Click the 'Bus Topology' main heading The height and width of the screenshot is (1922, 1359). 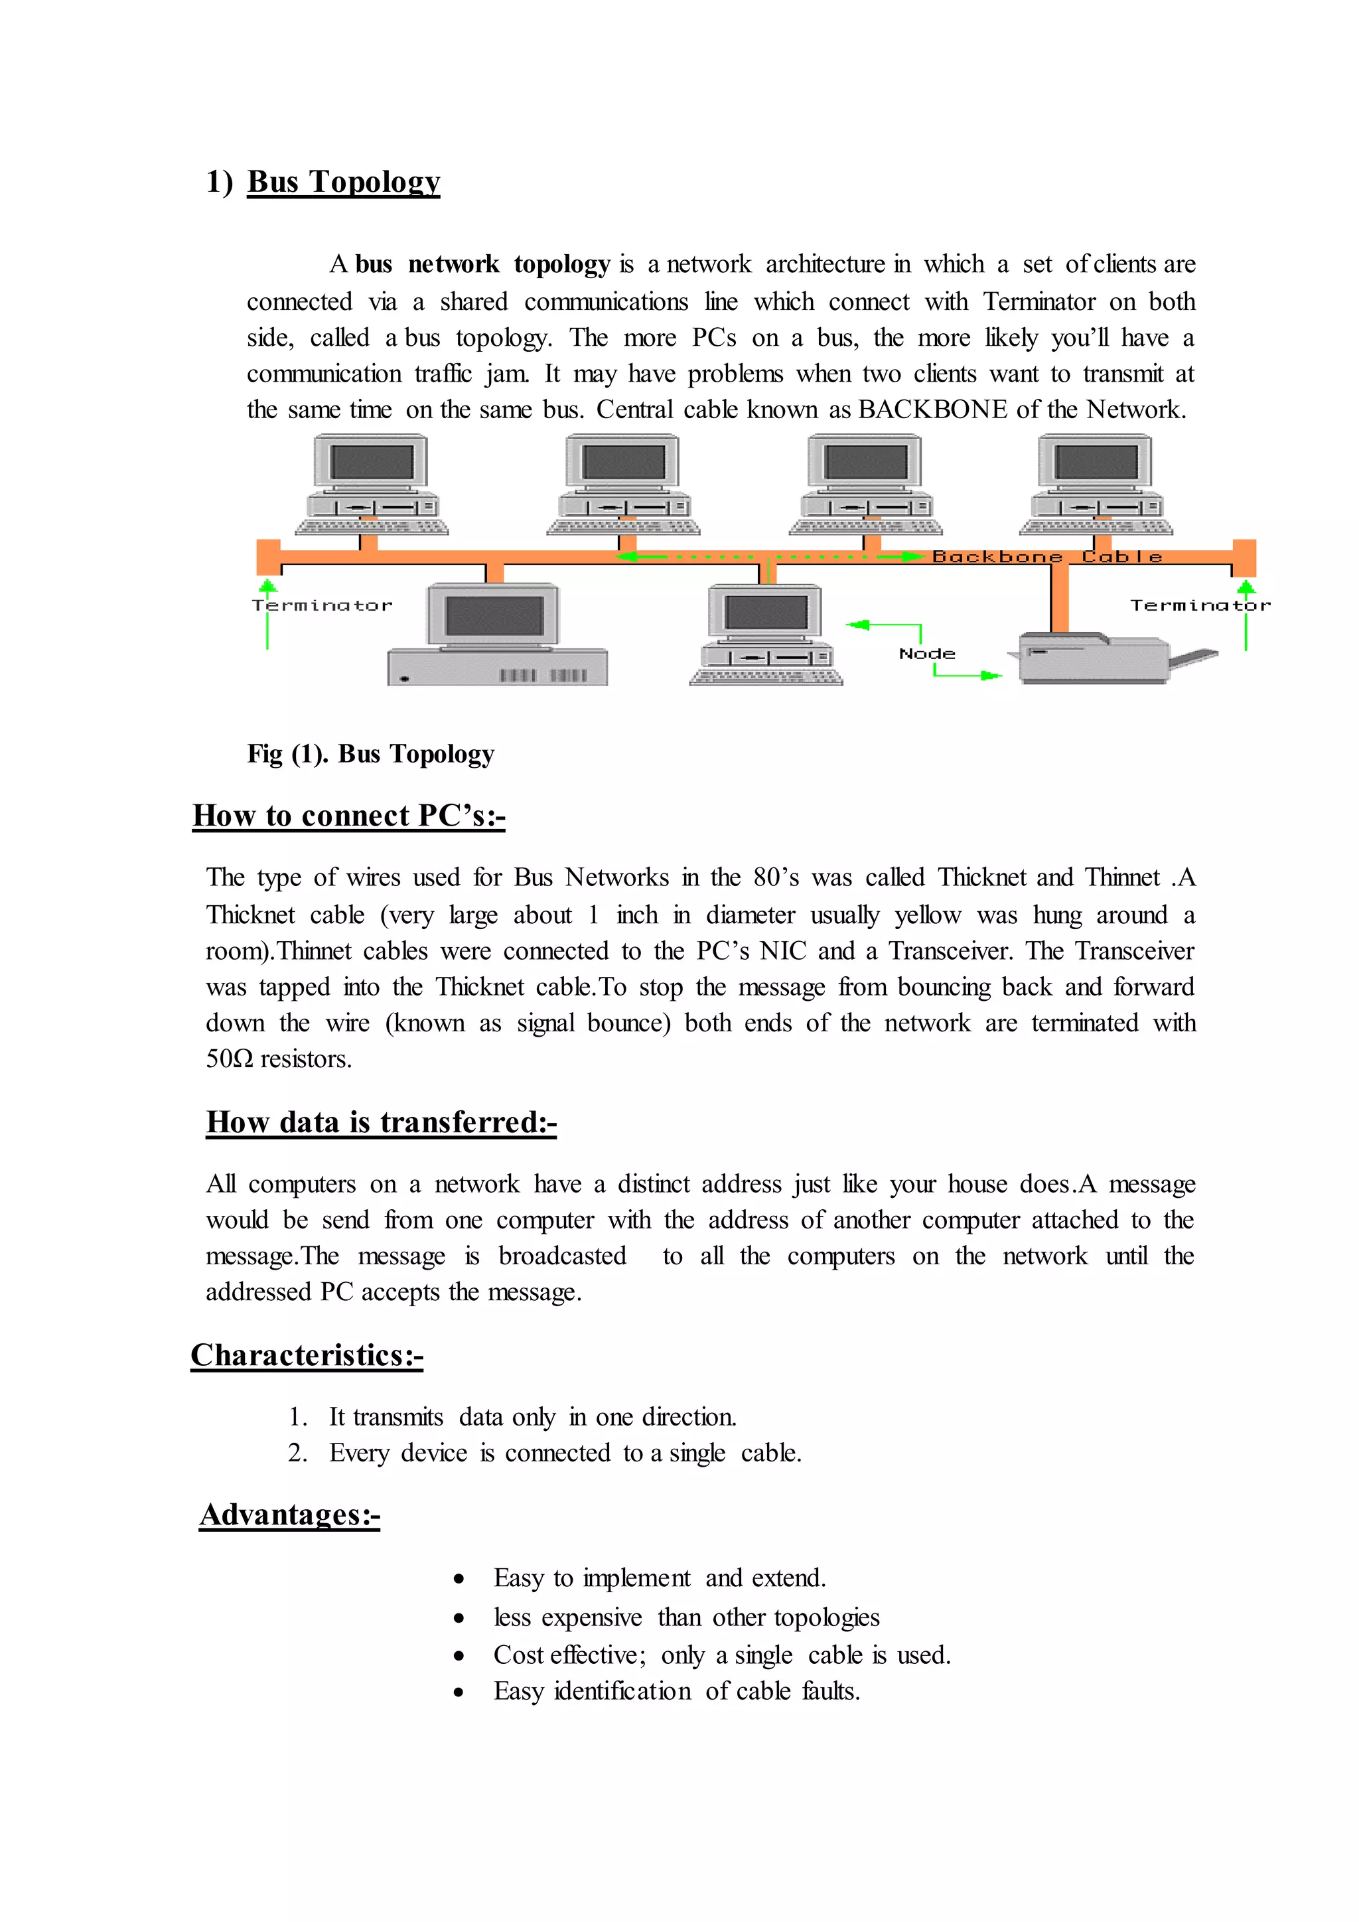click(x=343, y=182)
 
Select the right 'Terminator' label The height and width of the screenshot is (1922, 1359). click(x=1199, y=605)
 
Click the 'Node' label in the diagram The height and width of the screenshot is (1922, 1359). click(x=926, y=654)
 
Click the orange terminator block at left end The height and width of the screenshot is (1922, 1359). click(x=268, y=557)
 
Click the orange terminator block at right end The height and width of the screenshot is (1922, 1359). click(x=1244, y=557)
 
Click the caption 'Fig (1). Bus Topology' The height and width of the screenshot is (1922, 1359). click(x=371, y=754)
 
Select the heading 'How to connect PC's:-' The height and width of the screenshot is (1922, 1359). click(x=348, y=816)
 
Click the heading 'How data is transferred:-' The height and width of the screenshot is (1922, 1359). click(x=381, y=1122)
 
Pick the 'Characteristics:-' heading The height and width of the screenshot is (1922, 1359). click(x=307, y=1355)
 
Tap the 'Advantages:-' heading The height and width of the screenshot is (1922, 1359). click(x=289, y=1515)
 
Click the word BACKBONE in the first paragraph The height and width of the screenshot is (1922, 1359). click(x=932, y=409)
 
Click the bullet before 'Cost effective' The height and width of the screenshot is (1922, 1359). click(x=459, y=1656)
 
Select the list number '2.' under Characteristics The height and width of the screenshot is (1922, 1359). click(x=297, y=1453)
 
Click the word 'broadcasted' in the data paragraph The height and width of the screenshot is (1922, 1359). click(x=561, y=1256)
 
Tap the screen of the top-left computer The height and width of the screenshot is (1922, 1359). click(x=372, y=461)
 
